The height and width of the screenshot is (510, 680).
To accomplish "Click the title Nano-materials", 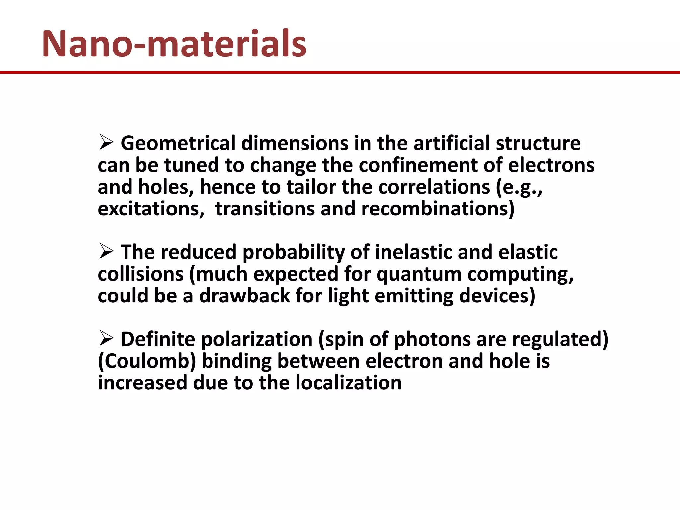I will (x=174, y=44).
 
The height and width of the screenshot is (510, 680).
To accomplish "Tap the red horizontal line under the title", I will (x=340, y=72).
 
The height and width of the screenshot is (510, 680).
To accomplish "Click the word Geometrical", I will (x=178, y=143).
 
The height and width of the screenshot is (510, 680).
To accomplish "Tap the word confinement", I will (x=418, y=165).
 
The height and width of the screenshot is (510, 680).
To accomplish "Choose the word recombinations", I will (x=438, y=209).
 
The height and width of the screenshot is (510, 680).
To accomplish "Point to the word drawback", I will (x=244, y=296).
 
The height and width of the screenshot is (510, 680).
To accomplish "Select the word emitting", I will (x=414, y=296).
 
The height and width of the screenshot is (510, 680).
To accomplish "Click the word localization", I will (x=348, y=383).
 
